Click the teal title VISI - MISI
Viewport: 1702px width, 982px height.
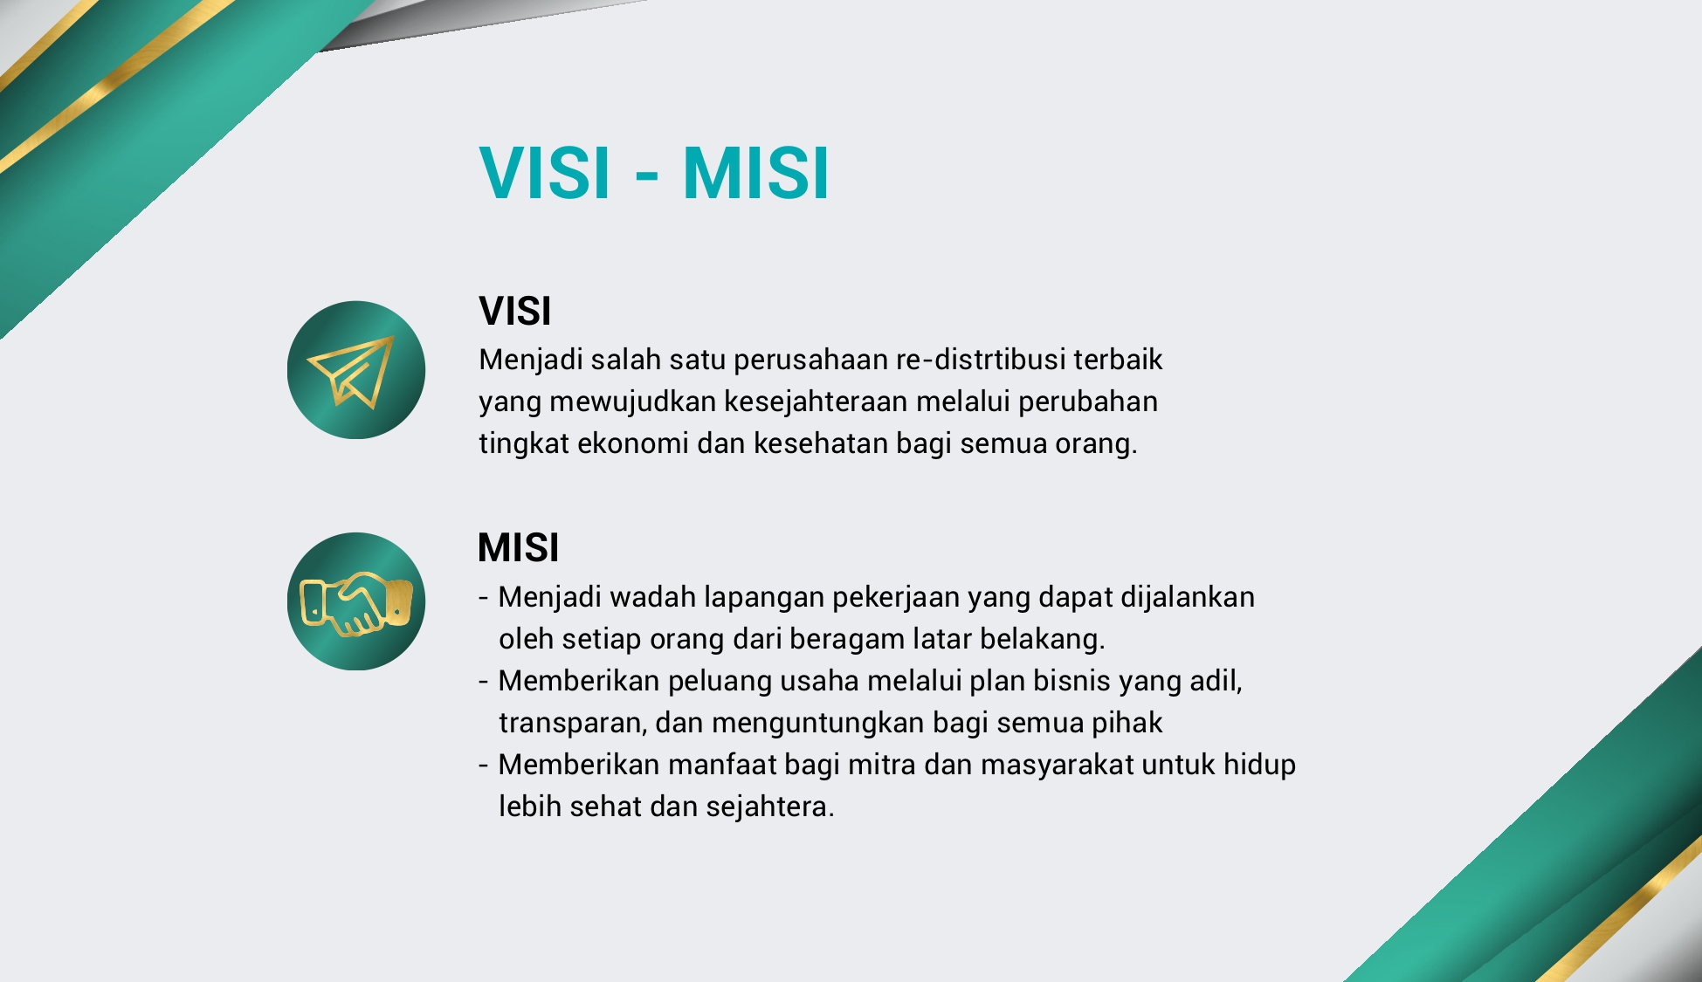click(654, 173)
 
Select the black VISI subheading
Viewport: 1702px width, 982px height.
click(515, 311)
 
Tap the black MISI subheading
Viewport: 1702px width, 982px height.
click(519, 547)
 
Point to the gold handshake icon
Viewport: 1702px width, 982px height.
click(355, 603)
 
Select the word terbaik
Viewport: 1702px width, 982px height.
click(1119, 360)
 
